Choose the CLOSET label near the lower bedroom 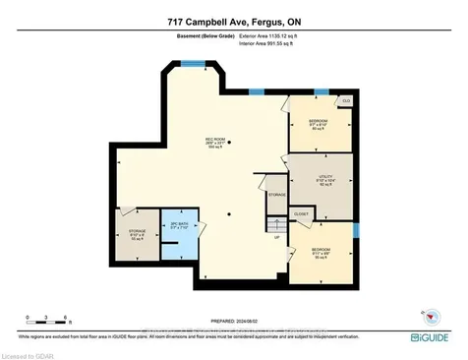[302, 213]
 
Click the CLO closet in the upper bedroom [346, 100]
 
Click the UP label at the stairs [277, 238]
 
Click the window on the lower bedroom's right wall [357, 231]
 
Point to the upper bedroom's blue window [321, 92]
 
